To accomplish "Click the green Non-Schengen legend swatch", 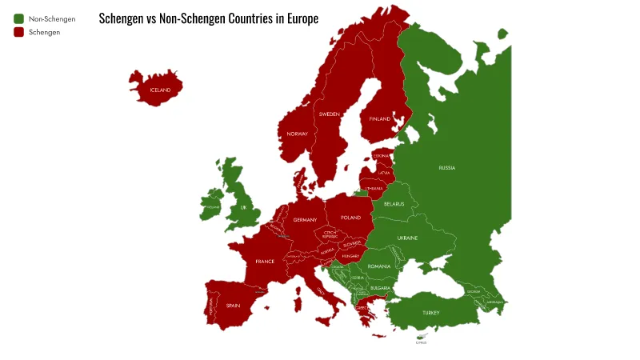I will [x=18, y=18].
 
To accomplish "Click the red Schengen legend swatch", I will [x=18, y=32].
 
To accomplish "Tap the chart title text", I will [x=208, y=18].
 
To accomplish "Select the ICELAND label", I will [x=160, y=90].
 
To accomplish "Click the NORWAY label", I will [x=298, y=134].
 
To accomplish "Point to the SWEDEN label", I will [x=329, y=114].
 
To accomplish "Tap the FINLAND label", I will [x=380, y=119].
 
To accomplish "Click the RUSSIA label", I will [x=446, y=168].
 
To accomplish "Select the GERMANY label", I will [x=305, y=220].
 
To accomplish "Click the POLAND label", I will [x=350, y=218].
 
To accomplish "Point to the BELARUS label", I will [x=394, y=204].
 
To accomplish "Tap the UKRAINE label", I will [x=408, y=238].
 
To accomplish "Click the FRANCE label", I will [x=265, y=262].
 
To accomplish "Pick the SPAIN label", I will [x=233, y=305].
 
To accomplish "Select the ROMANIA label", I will [x=379, y=266].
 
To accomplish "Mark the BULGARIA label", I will [x=380, y=288].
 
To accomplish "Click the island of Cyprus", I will [x=421, y=337].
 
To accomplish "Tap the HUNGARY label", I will [x=351, y=257].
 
